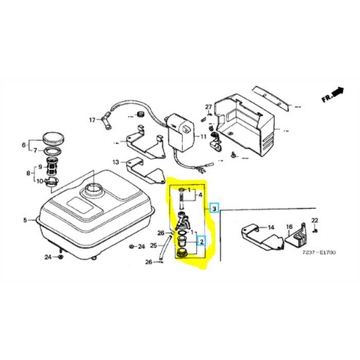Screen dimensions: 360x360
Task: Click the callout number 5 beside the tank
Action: [25, 221]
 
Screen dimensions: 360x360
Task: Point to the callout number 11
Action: [203, 136]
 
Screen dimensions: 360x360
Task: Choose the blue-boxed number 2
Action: [202, 243]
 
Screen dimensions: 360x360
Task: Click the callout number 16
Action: [288, 227]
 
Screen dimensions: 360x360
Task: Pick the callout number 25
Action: [154, 245]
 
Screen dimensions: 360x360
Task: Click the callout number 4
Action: [201, 195]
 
